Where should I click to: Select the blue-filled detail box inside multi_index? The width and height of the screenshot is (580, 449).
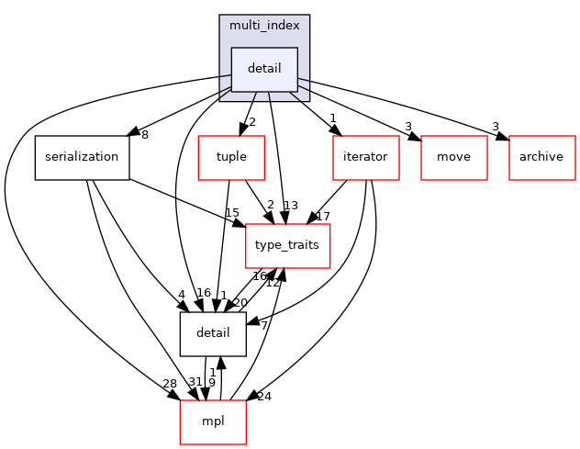264,69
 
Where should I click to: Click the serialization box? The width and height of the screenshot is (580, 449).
82,157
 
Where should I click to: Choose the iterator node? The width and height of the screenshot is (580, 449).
365,157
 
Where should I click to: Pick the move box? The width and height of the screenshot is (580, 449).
453,157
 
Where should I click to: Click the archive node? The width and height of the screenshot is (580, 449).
541,157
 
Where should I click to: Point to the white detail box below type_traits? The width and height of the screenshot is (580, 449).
213,333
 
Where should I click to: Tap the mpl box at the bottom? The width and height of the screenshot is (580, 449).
213,421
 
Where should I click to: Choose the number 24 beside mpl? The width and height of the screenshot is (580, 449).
264,397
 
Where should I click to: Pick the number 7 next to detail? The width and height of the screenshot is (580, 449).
263,325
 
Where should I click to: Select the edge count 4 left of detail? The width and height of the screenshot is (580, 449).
182,295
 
